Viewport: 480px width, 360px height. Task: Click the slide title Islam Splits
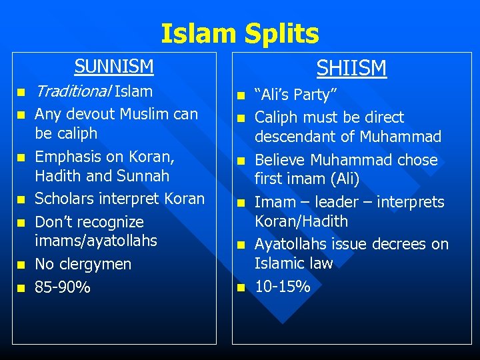click(239, 33)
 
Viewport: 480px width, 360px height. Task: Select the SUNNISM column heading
click(114, 67)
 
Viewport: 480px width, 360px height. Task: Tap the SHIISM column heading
click(351, 68)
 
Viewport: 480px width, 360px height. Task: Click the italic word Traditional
click(73, 91)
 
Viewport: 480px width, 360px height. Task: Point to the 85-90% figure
click(63, 287)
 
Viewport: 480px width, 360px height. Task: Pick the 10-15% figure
click(283, 287)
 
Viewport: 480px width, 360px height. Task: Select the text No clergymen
click(83, 264)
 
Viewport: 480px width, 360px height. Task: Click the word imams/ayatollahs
click(96, 240)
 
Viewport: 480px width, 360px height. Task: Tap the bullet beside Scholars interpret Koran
click(21, 199)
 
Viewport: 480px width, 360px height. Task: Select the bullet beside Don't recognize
click(21, 222)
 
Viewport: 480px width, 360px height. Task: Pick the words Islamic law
click(293, 264)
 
